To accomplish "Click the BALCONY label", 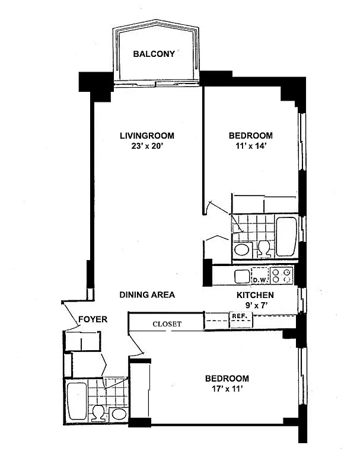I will coord(154,54).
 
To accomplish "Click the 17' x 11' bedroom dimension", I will coord(227,390).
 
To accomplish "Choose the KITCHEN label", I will coord(255,295).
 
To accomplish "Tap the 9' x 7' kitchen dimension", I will coord(255,306).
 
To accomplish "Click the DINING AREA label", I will coord(146,294).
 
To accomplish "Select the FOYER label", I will coord(93,319).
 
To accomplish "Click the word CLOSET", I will coord(167,324).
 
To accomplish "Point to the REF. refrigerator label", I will coord(238,316).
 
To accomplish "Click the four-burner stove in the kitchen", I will coord(281,276).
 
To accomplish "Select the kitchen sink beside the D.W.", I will coord(242,276).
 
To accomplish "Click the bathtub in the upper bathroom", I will coord(286,236).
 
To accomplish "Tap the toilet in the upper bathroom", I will coord(264,249).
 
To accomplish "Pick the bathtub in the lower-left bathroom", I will coord(77,403).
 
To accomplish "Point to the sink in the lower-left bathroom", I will coord(119,414).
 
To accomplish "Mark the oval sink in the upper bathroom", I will coord(242,250).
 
